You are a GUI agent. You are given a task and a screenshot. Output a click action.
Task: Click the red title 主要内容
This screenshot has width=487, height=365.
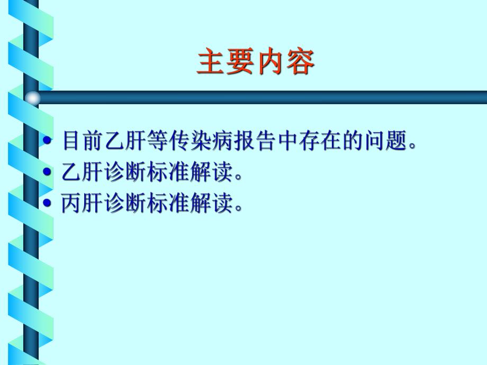[x=256, y=63]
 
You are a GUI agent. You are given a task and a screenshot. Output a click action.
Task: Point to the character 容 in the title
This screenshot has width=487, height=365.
[x=300, y=63]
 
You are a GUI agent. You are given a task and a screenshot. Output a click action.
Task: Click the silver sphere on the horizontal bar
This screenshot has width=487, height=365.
[x=33, y=97]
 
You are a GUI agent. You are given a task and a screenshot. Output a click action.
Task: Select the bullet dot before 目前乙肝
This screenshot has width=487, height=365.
[x=47, y=142]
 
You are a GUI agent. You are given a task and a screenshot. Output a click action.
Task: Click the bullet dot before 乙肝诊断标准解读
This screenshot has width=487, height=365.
[x=47, y=172]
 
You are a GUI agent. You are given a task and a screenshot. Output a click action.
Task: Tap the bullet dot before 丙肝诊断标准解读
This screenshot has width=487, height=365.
[x=47, y=203]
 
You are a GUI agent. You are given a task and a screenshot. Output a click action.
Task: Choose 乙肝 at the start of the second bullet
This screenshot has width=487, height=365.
[x=82, y=172]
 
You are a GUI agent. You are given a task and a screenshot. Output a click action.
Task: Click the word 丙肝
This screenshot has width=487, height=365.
[x=82, y=203]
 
